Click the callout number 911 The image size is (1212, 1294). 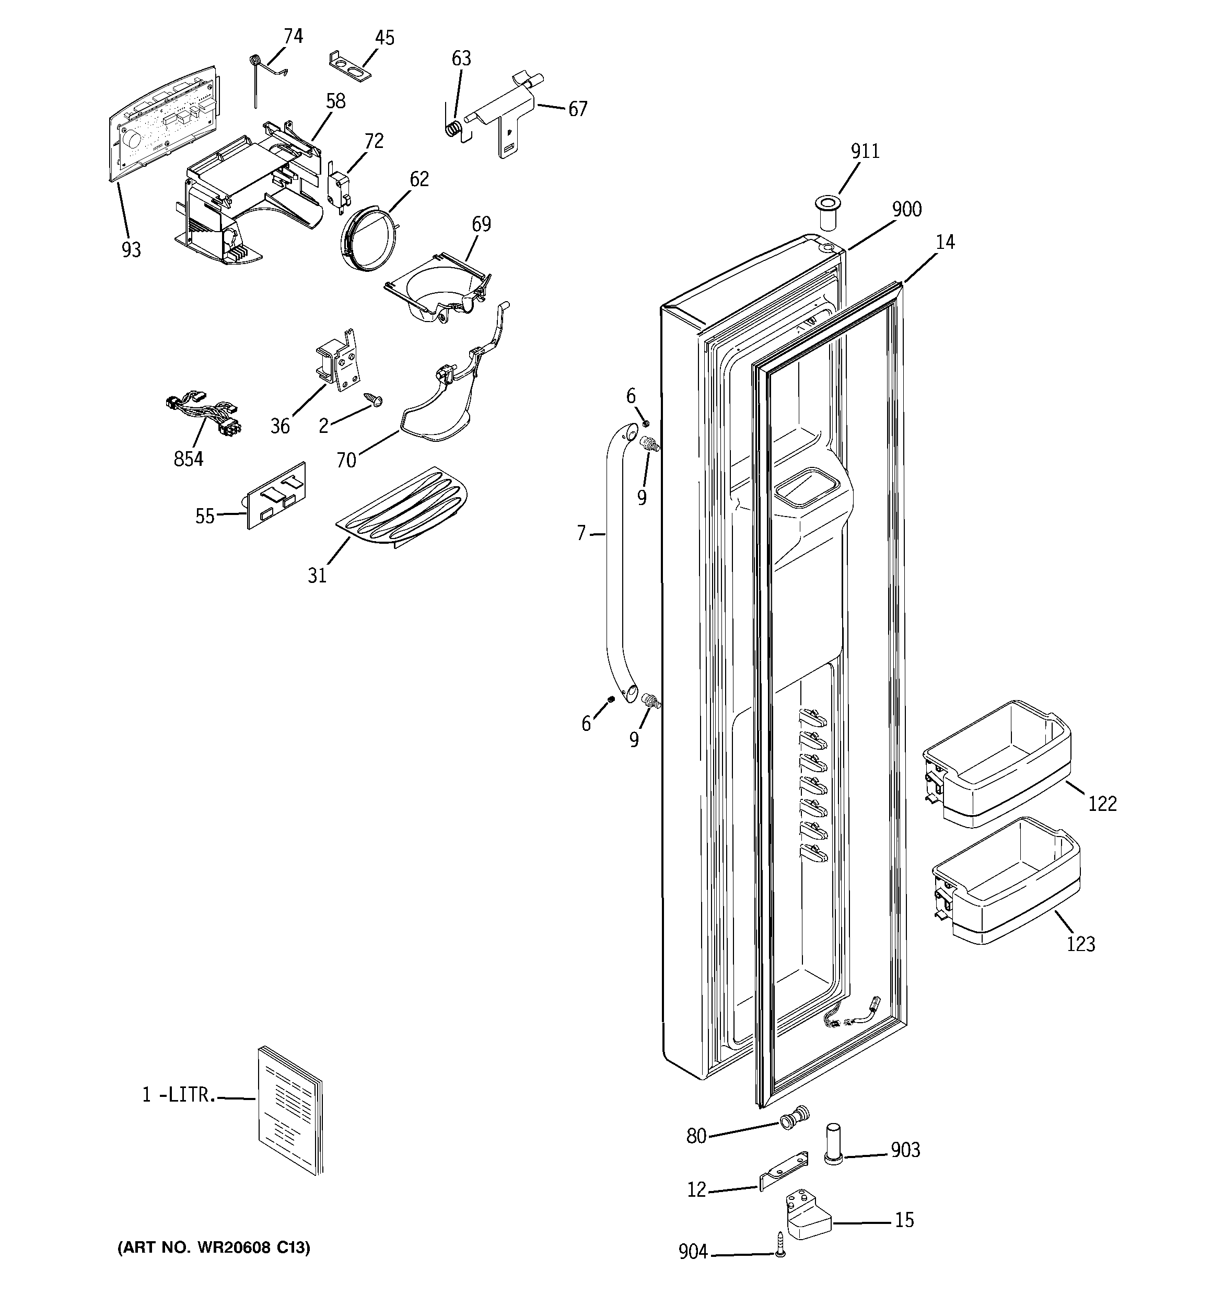pyautogui.click(x=865, y=151)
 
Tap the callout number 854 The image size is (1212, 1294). pyautogui.click(x=188, y=459)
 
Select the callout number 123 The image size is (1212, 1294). pyautogui.click(x=1080, y=943)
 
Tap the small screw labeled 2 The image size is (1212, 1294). pyautogui.click(x=374, y=399)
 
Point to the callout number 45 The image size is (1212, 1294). pyautogui.click(x=384, y=38)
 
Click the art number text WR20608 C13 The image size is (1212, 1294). pyautogui.click(x=213, y=1247)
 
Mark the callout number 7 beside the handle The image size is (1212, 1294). pyautogui.click(x=581, y=533)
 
